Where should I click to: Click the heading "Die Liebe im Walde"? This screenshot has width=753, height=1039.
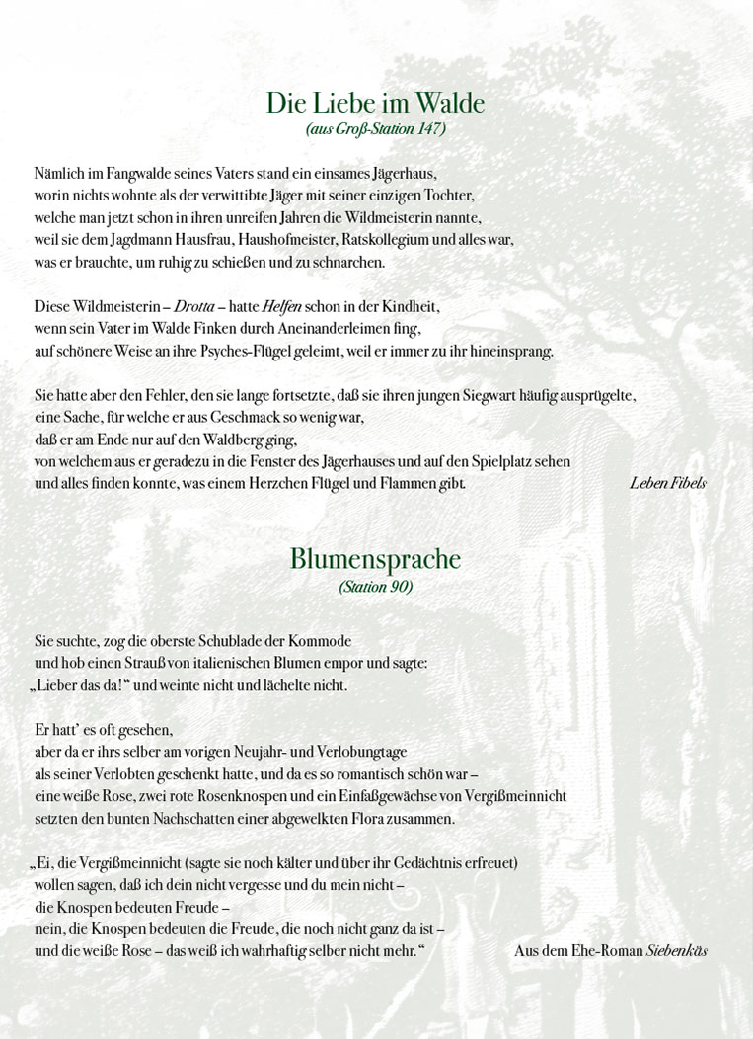(375, 104)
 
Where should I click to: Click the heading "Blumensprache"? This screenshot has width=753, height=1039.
(375, 559)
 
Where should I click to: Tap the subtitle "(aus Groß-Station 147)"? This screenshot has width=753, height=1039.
(375, 129)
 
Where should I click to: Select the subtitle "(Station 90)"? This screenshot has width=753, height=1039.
(375, 586)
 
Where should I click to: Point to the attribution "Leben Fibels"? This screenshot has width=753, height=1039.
(667, 483)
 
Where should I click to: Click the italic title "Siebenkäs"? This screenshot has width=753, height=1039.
(677, 951)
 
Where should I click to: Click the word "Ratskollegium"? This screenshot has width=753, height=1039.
(383, 239)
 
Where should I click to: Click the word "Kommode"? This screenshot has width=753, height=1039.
(321, 640)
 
